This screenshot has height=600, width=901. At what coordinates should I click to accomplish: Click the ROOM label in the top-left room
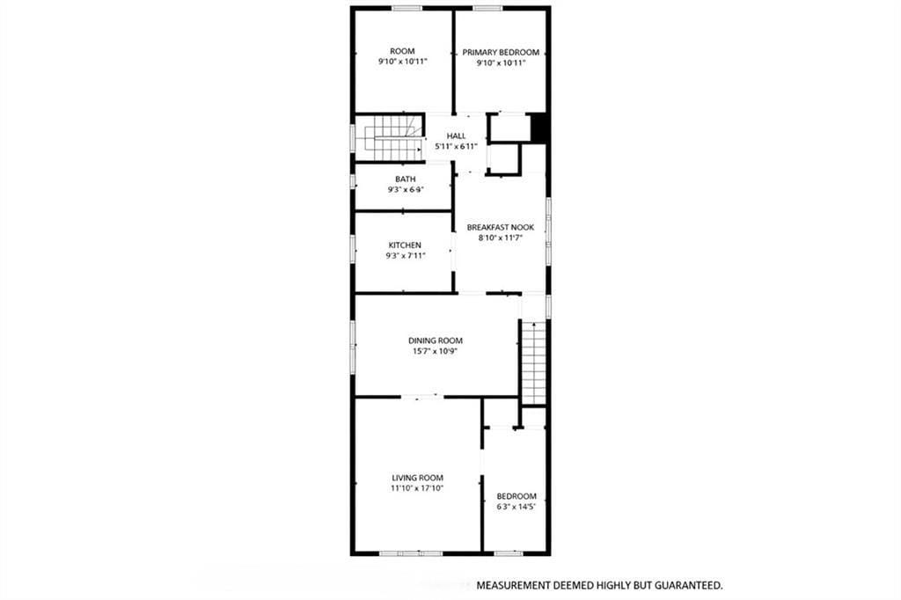click(x=402, y=52)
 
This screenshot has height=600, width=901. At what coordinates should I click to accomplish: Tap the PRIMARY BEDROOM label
click(x=501, y=53)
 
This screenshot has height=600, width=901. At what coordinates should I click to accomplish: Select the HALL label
click(x=456, y=135)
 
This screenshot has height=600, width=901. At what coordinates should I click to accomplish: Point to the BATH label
click(x=405, y=179)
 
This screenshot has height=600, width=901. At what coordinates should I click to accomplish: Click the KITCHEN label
click(x=405, y=245)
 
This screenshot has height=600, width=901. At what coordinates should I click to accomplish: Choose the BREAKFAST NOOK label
click(x=500, y=227)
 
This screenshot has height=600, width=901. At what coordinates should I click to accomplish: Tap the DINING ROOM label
click(x=435, y=340)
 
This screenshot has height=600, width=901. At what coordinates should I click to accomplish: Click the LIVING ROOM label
click(x=417, y=477)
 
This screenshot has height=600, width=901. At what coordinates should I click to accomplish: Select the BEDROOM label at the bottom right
click(x=516, y=496)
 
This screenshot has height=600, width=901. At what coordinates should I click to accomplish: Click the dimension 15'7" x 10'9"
click(x=435, y=351)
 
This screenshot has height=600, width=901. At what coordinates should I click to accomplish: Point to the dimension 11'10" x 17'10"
click(x=417, y=487)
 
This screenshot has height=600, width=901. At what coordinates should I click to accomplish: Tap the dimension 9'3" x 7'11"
click(x=405, y=256)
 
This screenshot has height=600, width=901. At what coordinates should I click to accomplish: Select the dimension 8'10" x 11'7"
click(x=500, y=238)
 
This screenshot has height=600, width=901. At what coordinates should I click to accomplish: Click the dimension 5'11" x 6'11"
click(x=456, y=146)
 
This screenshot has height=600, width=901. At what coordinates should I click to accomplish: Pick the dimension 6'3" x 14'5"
click(x=516, y=507)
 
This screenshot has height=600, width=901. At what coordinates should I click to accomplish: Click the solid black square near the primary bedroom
click(x=540, y=128)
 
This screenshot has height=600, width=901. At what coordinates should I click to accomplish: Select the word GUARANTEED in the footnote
click(x=685, y=585)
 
